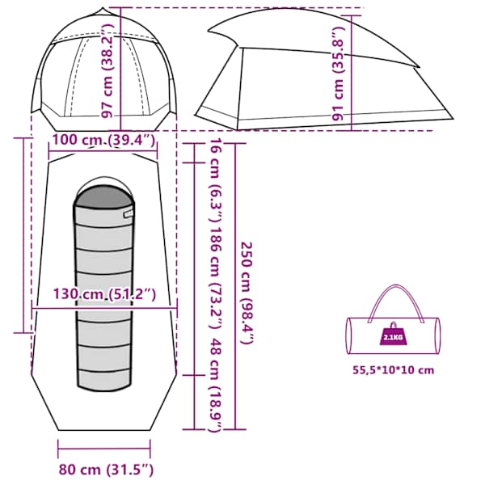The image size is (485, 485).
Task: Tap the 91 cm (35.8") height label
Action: [x=339, y=74]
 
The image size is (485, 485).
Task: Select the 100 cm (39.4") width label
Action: [x=103, y=141]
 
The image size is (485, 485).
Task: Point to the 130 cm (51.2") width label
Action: [x=104, y=294]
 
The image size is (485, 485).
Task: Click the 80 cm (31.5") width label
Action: [x=106, y=470]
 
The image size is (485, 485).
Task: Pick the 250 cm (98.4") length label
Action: [x=247, y=293]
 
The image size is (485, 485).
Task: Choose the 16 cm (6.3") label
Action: [x=215, y=180]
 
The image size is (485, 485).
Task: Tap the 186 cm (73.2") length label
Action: [x=215, y=278]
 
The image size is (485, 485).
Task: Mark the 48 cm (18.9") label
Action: [x=215, y=385]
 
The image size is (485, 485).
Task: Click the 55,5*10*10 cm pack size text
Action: [x=394, y=370]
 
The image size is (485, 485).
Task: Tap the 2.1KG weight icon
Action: [x=393, y=335]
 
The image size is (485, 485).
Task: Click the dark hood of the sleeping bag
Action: [x=104, y=196]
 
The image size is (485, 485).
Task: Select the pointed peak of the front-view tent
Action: [x=103, y=9]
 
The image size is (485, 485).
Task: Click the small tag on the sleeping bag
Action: [x=128, y=213]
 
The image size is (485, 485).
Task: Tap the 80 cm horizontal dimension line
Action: [x=104, y=449]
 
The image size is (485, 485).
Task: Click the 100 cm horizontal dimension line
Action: [x=103, y=151]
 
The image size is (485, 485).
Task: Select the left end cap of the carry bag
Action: [x=348, y=335]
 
